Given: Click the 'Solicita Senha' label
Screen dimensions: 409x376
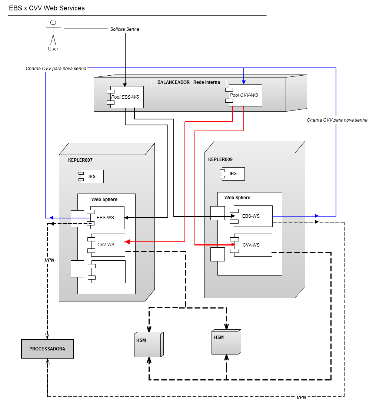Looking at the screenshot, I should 124,29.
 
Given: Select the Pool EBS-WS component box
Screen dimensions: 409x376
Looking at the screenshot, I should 126,97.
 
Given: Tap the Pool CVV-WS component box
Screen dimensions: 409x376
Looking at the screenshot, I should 245,95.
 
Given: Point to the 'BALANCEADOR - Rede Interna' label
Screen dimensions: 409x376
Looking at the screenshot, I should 189,82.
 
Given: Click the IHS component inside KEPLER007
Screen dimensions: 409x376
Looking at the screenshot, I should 92,177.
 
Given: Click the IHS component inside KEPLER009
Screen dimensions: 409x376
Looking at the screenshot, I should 233,174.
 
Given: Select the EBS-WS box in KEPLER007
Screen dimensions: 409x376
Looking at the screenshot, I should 107,218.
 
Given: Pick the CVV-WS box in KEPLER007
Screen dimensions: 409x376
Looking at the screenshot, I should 107,245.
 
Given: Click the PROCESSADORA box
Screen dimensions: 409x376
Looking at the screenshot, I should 47,349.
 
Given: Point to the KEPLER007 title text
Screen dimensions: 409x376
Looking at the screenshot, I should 80,160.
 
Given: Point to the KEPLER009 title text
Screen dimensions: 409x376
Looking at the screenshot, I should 220,159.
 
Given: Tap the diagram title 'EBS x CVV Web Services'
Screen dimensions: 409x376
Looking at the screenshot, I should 47,8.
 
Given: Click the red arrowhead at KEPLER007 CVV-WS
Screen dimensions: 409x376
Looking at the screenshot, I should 127,242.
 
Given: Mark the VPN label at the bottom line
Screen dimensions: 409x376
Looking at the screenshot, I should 301,397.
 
